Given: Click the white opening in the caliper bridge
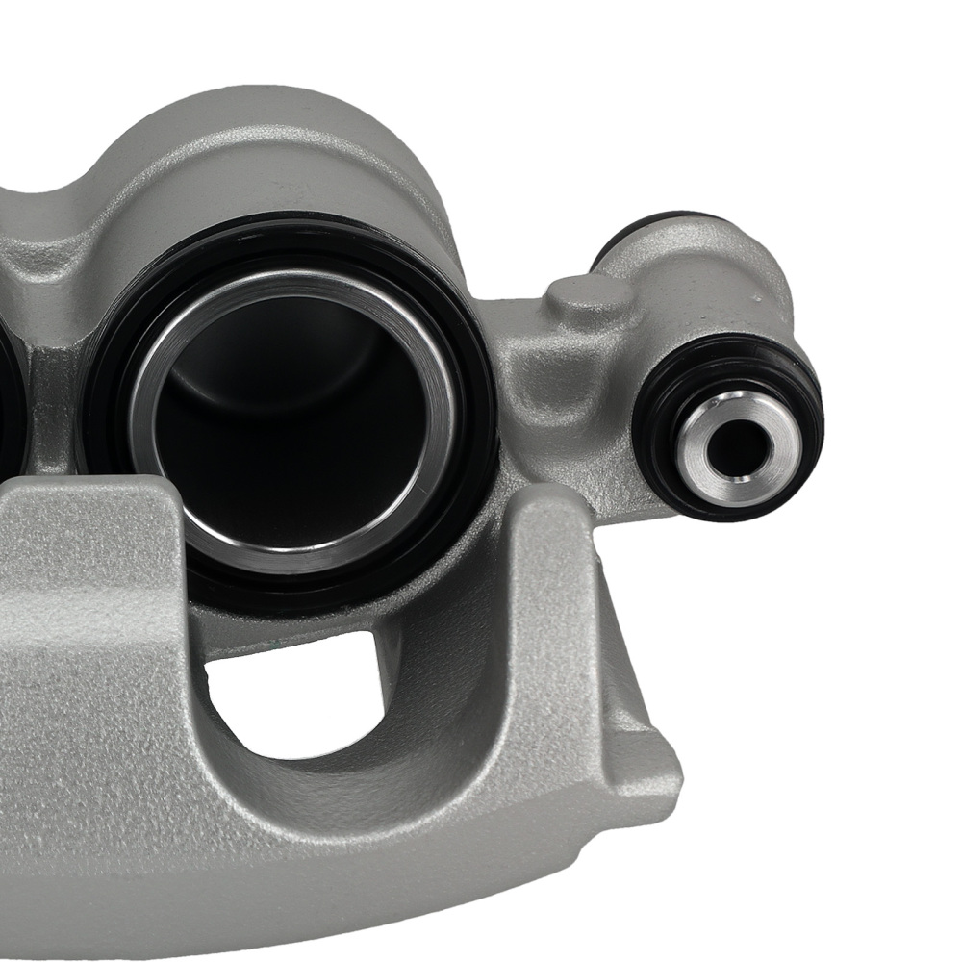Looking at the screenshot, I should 289,693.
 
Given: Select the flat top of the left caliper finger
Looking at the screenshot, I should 77,500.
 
